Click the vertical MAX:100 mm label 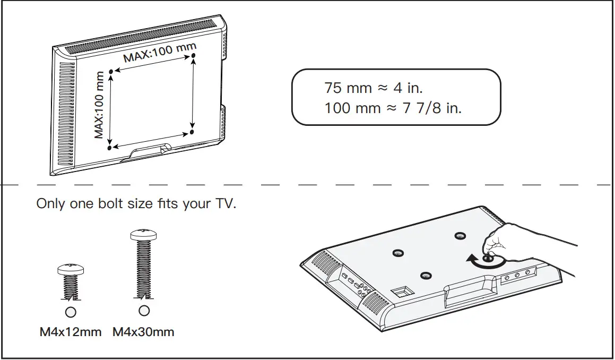tap(99, 105)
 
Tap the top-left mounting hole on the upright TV tap(110, 71)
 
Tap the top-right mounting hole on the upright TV tap(193, 55)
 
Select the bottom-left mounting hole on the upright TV tap(110, 148)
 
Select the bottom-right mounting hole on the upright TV tap(192, 131)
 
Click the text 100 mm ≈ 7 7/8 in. tap(393, 108)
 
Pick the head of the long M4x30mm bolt tap(143, 234)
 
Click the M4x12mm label tap(70, 332)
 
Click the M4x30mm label tap(143, 332)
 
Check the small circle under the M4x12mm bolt tap(71, 312)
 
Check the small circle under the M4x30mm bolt tap(143, 310)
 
